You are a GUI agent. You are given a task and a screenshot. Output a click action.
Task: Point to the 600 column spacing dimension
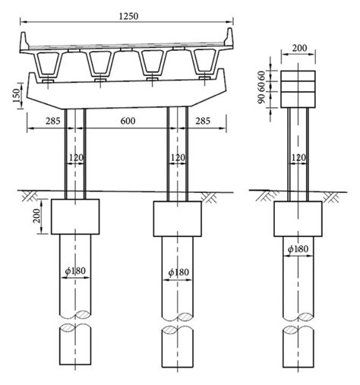[127, 120]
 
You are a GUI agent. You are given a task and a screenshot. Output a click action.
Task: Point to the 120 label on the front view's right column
[178, 158]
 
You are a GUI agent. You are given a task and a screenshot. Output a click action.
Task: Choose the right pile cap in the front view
[178, 218]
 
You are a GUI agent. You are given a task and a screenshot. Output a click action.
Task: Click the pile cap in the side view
[297, 218]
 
